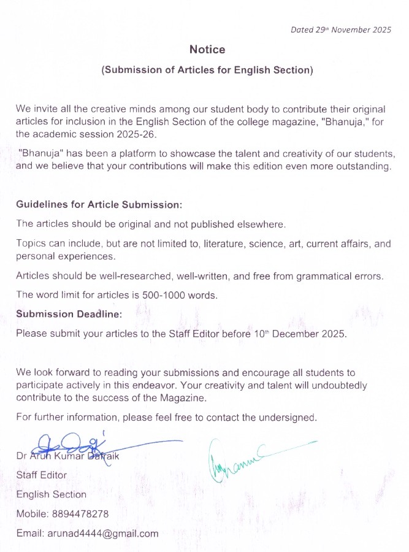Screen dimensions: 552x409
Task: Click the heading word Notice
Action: [x=207, y=50]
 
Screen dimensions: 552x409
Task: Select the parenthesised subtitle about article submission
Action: [x=207, y=71]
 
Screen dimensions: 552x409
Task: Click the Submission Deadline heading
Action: [x=69, y=314]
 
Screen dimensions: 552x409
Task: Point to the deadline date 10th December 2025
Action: [x=300, y=334]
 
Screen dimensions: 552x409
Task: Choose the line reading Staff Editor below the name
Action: [x=42, y=475]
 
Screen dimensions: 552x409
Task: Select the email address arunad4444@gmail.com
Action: [x=103, y=533]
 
